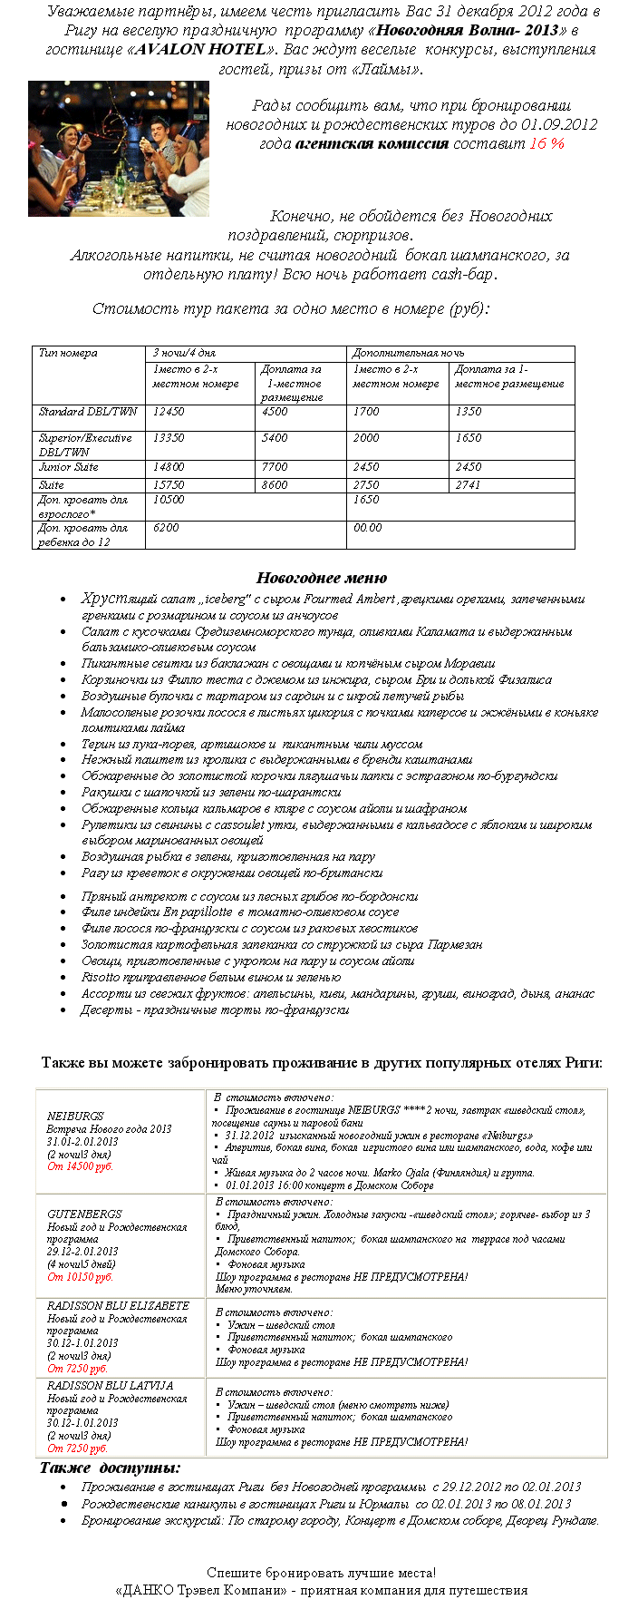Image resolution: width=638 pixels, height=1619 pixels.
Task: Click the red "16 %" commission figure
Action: [546, 143]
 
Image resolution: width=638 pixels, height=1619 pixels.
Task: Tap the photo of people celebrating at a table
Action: [119, 149]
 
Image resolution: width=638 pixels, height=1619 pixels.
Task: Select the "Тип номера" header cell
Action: [68, 353]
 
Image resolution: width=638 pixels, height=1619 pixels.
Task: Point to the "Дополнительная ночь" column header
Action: [395, 353]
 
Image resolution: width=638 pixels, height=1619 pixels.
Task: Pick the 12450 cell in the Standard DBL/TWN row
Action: [169, 412]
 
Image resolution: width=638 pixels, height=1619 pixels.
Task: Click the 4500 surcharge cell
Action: [275, 412]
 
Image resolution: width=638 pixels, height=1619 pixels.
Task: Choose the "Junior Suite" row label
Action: [68, 467]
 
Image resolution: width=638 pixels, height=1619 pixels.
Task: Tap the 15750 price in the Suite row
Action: [169, 485]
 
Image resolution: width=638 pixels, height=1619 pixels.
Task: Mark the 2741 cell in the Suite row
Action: [469, 485]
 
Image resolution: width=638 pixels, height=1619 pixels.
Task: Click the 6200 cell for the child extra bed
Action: [166, 527]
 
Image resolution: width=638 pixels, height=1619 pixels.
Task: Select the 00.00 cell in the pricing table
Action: [367, 527]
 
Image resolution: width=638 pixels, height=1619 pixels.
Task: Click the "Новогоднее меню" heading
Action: [322, 578]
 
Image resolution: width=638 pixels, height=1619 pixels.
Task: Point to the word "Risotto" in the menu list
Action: [101, 977]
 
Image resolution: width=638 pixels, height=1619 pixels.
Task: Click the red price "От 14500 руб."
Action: [81, 1166]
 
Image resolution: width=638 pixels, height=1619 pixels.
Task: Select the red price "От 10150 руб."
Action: [81, 1277]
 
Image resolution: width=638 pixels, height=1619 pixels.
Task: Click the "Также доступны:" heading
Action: [110, 1468]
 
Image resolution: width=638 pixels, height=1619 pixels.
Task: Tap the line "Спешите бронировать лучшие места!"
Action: [321, 1573]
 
